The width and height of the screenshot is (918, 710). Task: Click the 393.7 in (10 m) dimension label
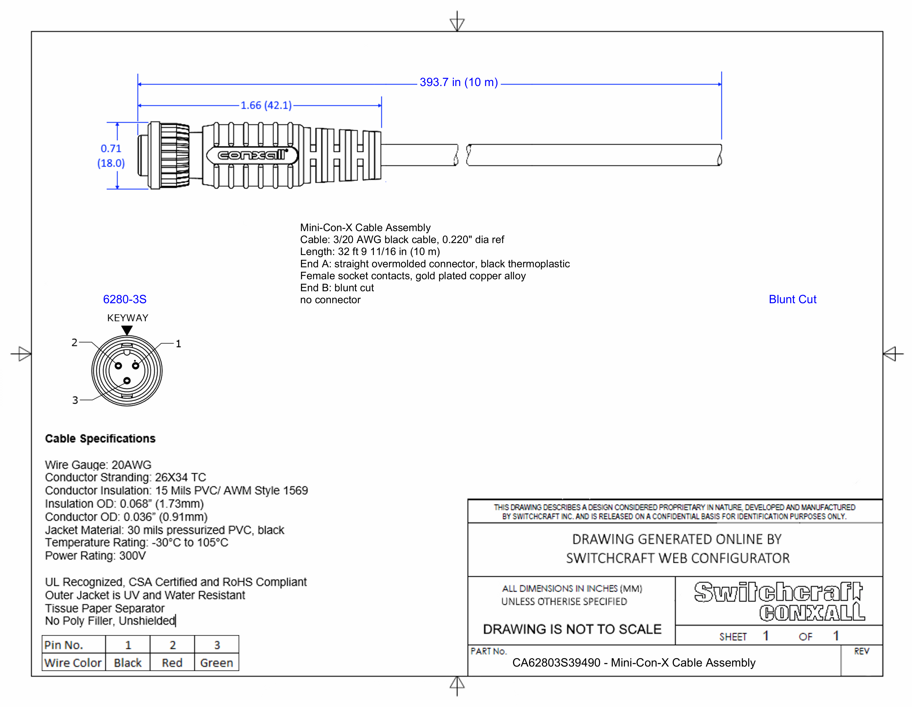click(x=458, y=82)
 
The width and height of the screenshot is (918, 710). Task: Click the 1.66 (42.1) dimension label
click(x=266, y=105)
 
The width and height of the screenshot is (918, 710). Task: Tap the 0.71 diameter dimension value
click(x=111, y=148)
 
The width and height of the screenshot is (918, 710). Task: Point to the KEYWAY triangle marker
click(x=127, y=330)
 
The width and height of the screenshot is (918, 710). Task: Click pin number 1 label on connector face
click(x=178, y=344)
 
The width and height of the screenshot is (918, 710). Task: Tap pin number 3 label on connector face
click(x=75, y=400)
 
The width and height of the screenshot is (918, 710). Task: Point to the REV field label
click(x=861, y=651)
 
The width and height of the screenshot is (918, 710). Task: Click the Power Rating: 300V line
click(x=95, y=556)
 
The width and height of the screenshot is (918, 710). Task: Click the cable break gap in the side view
click(x=462, y=155)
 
